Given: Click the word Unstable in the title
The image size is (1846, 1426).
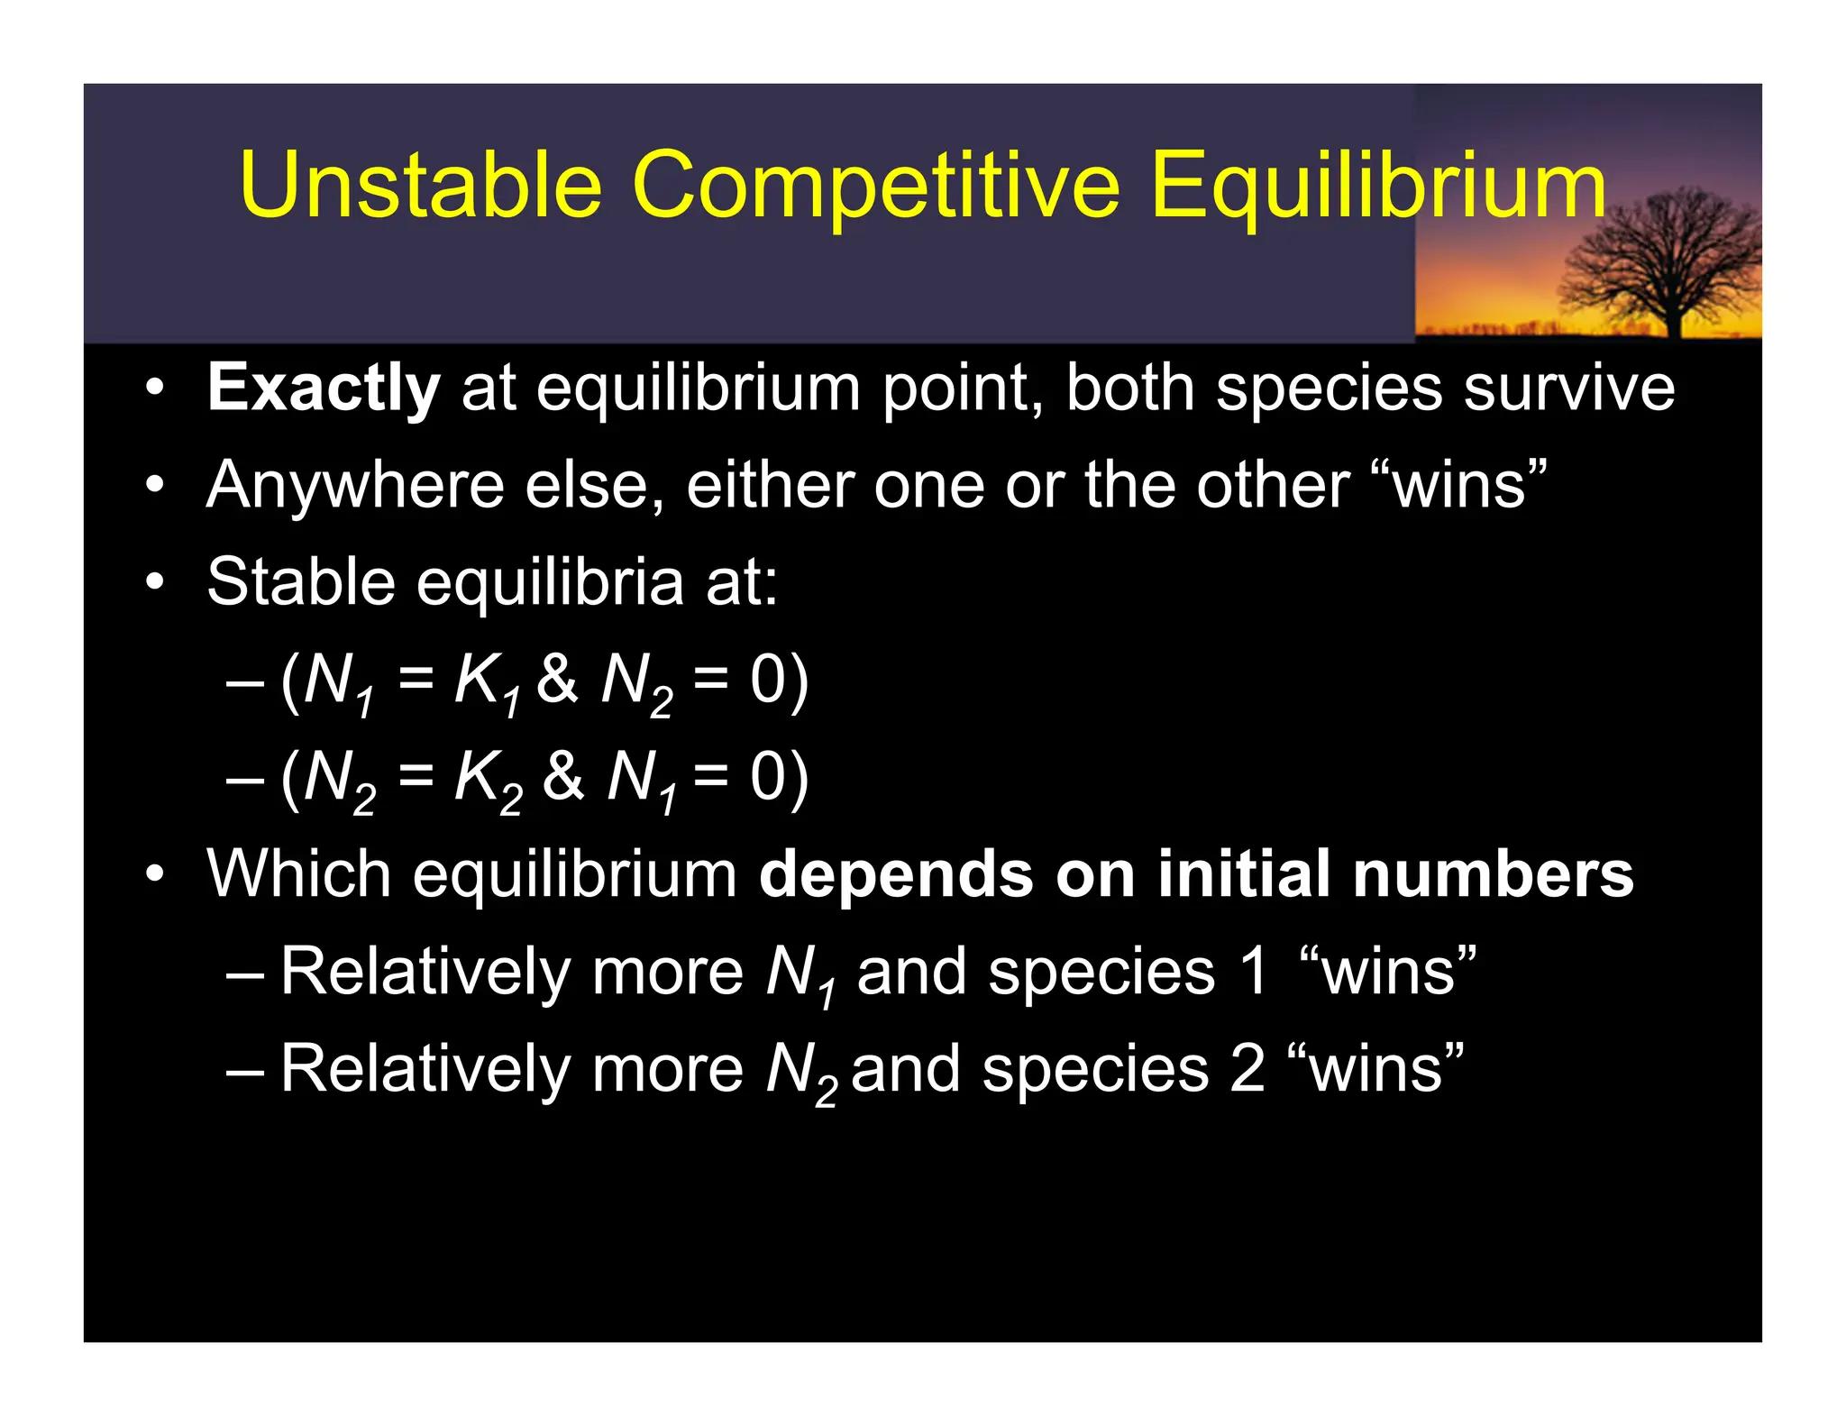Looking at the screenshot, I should tap(420, 185).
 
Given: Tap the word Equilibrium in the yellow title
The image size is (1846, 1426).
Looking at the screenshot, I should tap(1377, 187).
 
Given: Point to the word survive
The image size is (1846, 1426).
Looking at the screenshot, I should tap(1568, 388).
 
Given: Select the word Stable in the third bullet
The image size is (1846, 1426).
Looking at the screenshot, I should tap(300, 581).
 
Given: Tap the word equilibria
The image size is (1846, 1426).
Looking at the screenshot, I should tap(550, 583).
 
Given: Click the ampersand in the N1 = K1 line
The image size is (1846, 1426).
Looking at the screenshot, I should tap(557, 679).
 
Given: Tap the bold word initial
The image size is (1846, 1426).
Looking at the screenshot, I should tap(1243, 873).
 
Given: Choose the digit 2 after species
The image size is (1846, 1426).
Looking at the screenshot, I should tap(1248, 1069).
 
